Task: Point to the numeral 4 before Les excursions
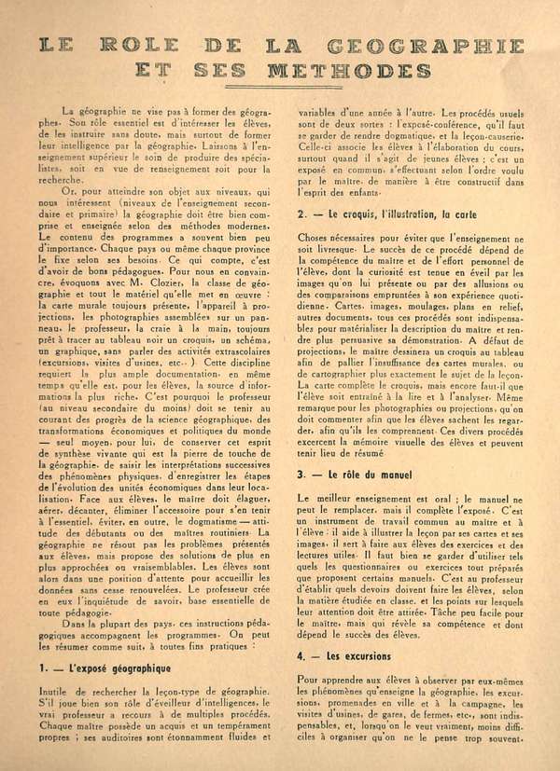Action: [x=301, y=682]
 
